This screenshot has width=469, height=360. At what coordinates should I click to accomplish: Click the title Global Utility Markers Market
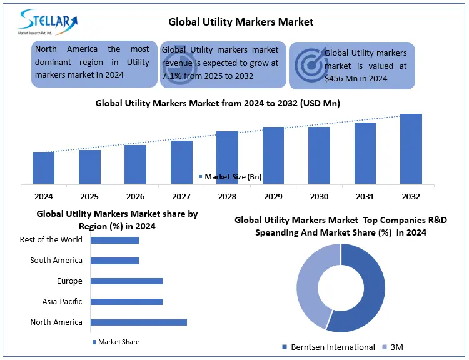[241, 22]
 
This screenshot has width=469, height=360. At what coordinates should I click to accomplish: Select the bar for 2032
[411, 149]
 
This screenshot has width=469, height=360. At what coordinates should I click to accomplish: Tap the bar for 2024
[43, 167]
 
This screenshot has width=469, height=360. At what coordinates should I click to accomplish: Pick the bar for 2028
[227, 157]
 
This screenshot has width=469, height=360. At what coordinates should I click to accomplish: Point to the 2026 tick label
[135, 196]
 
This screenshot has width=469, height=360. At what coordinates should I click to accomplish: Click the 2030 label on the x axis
[319, 196]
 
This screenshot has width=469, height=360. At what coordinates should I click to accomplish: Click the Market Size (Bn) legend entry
[230, 177]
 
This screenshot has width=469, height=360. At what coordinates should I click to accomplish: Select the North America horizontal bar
[139, 322]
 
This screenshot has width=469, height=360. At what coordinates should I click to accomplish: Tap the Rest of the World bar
[114, 240]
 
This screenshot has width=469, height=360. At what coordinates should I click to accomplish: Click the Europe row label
[69, 281]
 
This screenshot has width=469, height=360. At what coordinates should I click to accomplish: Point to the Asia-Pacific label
[62, 302]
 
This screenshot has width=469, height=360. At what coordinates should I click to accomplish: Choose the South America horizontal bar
[114, 261]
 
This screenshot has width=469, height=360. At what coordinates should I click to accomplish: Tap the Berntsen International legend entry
[328, 347]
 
